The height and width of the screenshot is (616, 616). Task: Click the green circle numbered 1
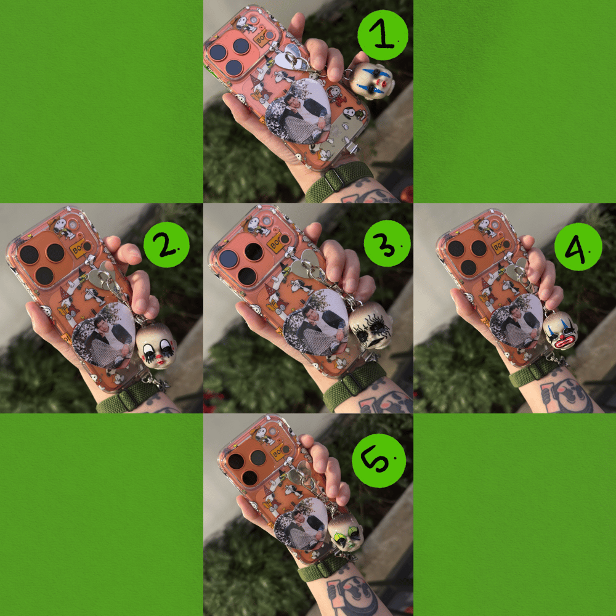coord(383,34)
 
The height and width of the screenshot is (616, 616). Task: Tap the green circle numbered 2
coord(166,245)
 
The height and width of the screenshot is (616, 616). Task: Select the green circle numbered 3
coord(387,243)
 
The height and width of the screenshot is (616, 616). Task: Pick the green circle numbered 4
coord(578,247)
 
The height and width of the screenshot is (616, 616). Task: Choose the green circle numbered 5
coord(379,460)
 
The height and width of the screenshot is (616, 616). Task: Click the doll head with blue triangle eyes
coord(371,81)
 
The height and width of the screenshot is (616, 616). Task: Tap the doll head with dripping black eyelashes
coord(156,346)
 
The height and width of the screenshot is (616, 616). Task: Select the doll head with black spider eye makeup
coord(371,325)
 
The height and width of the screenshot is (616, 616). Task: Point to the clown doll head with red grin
coord(561,330)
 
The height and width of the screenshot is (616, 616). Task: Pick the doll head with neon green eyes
coord(346,532)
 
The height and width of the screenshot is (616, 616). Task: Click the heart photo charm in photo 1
coord(298,111)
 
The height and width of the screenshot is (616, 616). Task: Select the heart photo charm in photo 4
coord(516,321)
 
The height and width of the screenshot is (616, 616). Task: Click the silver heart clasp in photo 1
coord(291,58)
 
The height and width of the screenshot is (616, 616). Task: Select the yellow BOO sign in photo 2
coord(80,247)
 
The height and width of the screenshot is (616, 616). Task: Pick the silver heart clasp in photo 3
coord(306,264)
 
